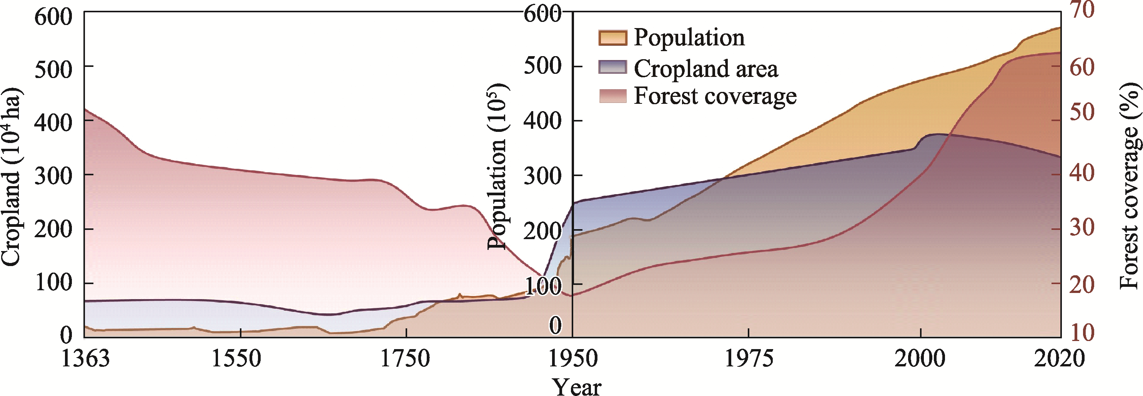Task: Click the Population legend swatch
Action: click(x=612, y=38)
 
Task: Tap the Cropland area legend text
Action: click(x=705, y=69)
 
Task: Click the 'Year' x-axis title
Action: click(x=576, y=386)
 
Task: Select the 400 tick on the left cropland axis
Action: click(x=53, y=122)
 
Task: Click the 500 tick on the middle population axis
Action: click(x=542, y=67)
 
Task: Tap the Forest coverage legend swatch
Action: click(x=612, y=96)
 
